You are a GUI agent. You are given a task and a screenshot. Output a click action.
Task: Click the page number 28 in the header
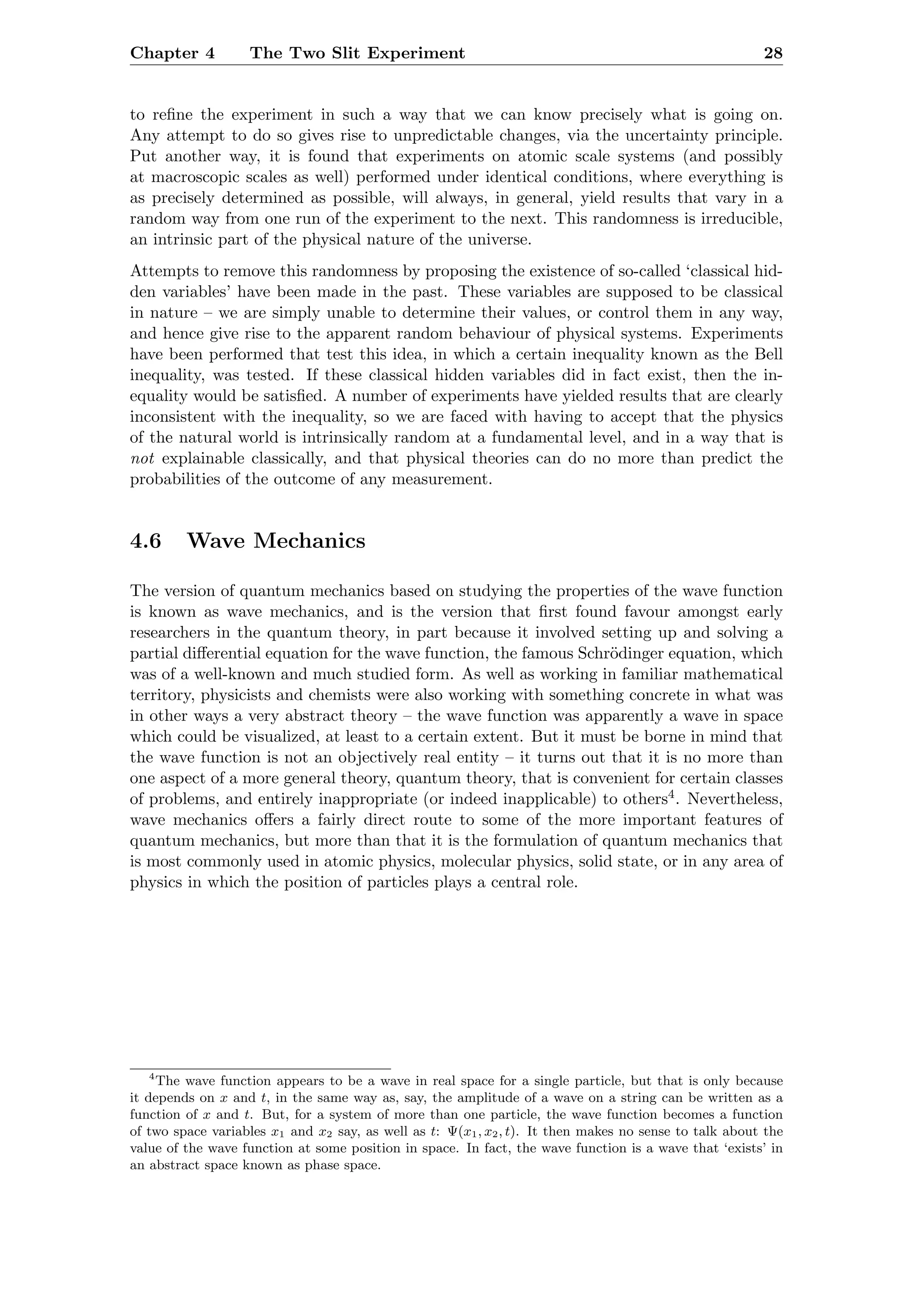[x=773, y=54]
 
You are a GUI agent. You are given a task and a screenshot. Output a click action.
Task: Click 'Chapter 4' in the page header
[x=172, y=54]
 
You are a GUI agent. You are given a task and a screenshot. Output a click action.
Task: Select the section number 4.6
[x=145, y=541]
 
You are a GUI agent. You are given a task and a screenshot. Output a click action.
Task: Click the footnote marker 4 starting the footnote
[x=151, y=1078]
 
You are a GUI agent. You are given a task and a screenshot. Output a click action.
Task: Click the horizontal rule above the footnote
[x=260, y=1068]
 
